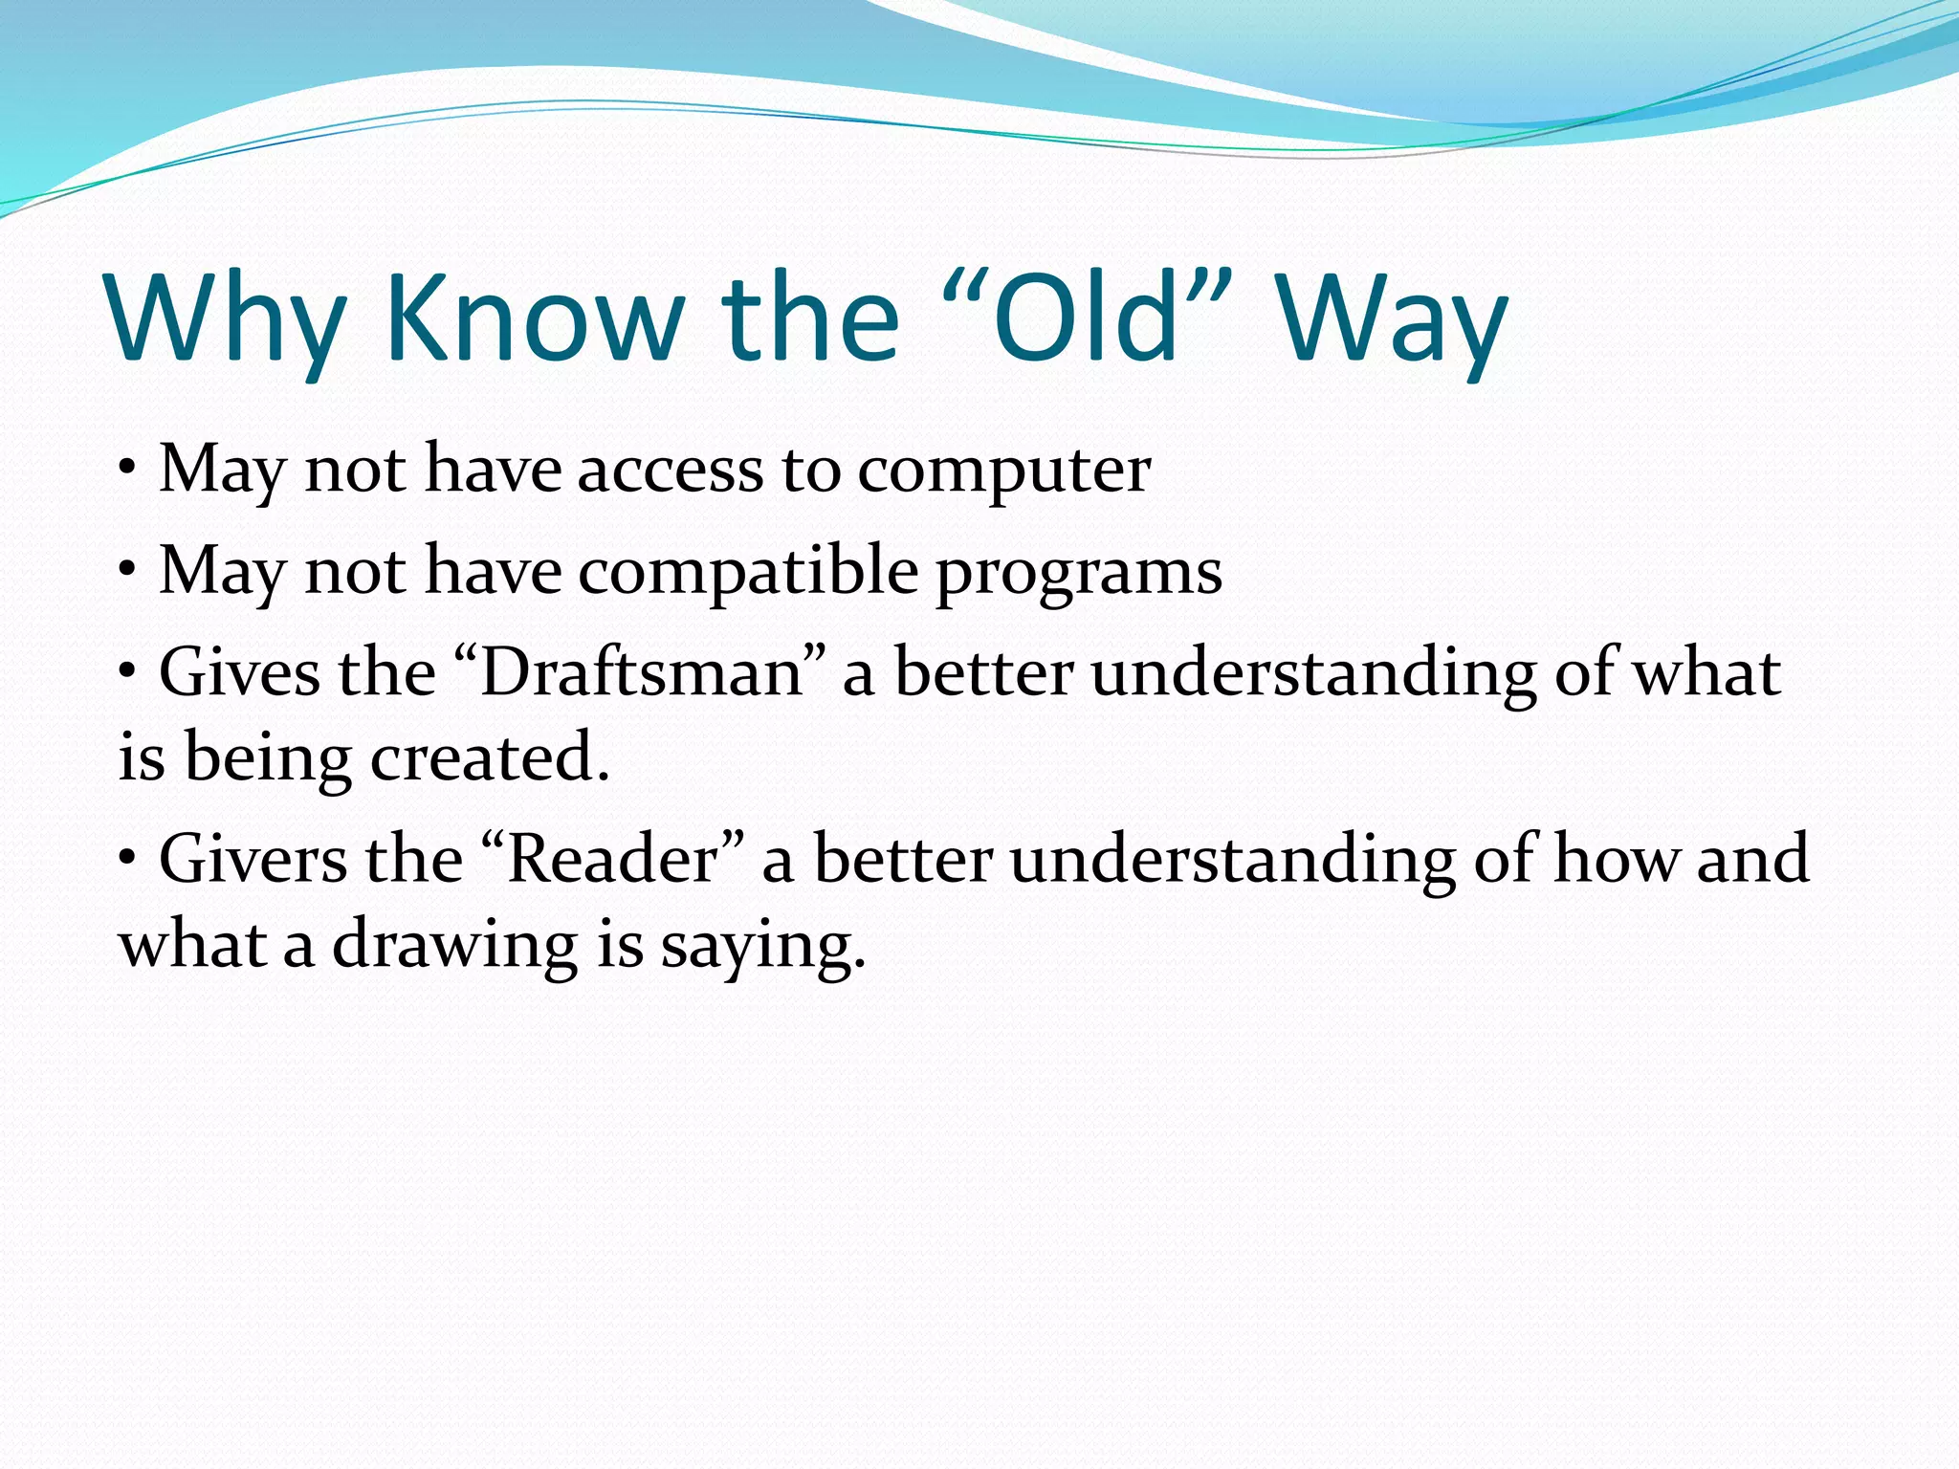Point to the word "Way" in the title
[1392, 319]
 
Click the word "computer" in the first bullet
[1003, 471]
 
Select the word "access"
[671, 471]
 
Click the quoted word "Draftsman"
[640, 672]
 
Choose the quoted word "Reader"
[613, 859]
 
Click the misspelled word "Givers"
[253, 859]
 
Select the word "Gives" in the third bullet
[239, 672]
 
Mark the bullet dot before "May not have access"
[127, 471]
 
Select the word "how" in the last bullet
[1617, 859]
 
